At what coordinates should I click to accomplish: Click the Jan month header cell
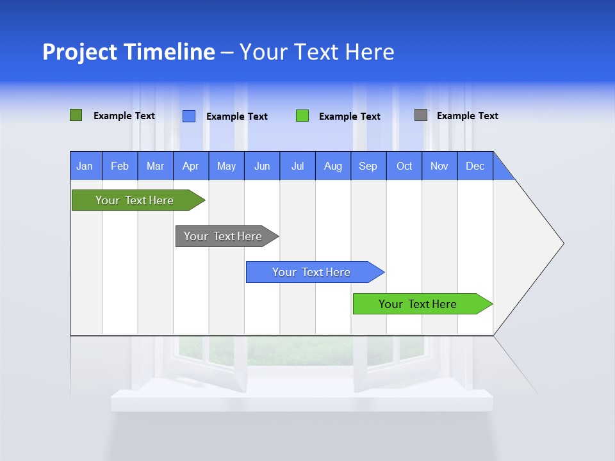(85, 166)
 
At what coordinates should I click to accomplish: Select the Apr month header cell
(191, 166)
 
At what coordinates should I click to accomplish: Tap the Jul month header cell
(297, 166)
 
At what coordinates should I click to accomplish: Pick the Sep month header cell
(368, 166)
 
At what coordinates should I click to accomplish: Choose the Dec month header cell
(475, 166)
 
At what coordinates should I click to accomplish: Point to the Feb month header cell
(120, 166)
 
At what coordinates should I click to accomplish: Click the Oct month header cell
(404, 166)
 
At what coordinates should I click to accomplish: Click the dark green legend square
(76, 115)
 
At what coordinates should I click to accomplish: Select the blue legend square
(189, 116)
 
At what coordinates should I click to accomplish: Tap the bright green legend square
(302, 116)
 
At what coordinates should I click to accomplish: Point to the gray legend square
(421, 115)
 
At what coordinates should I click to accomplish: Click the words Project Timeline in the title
(129, 52)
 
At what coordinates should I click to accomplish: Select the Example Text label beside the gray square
(467, 116)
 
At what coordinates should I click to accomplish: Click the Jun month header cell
(262, 166)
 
